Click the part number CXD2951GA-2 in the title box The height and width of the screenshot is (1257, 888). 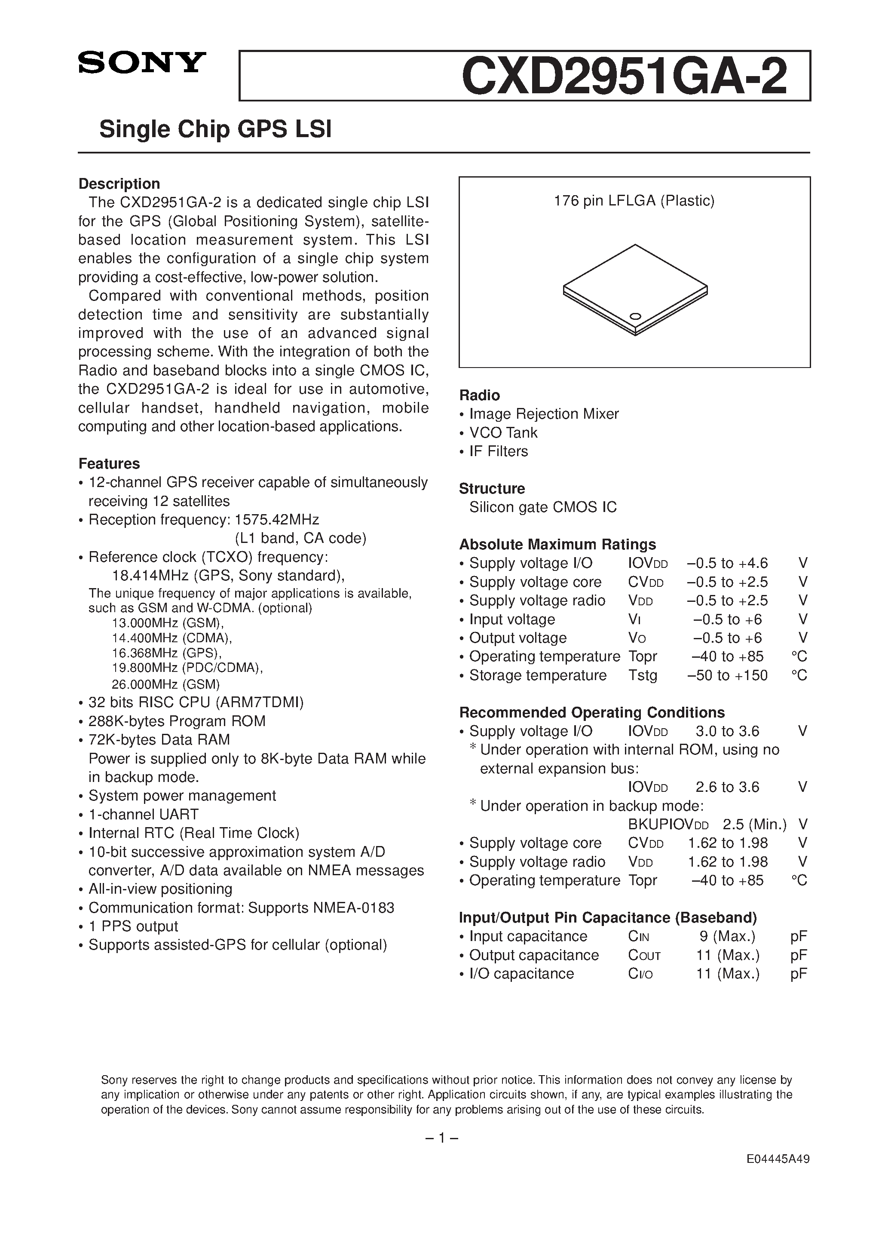(x=624, y=77)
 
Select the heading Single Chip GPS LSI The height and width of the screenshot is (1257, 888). (x=215, y=130)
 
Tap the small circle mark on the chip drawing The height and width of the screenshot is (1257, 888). (x=636, y=316)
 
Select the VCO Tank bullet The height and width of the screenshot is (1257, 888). (x=503, y=432)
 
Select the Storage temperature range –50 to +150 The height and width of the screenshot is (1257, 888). (x=727, y=675)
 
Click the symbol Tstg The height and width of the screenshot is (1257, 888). (x=643, y=675)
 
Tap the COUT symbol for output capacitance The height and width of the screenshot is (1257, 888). (x=644, y=955)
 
